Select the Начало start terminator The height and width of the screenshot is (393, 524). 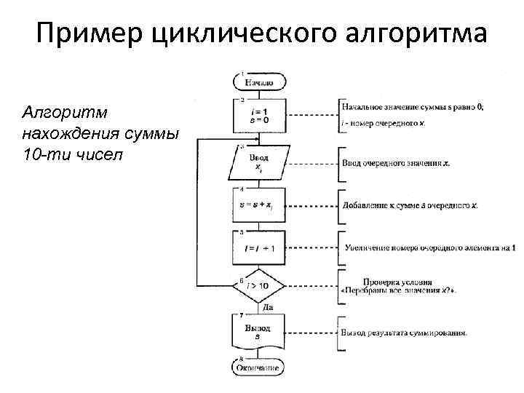(x=258, y=82)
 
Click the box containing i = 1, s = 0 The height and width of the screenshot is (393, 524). (x=258, y=114)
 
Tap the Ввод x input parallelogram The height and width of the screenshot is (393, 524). (x=258, y=162)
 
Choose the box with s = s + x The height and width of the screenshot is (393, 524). (x=258, y=206)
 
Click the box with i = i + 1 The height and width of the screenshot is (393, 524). (x=258, y=248)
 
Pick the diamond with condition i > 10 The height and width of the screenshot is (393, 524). (x=258, y=286)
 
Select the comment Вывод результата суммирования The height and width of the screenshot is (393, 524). (x=404, y=333)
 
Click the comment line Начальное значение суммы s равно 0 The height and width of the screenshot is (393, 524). (x=412, y=107)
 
